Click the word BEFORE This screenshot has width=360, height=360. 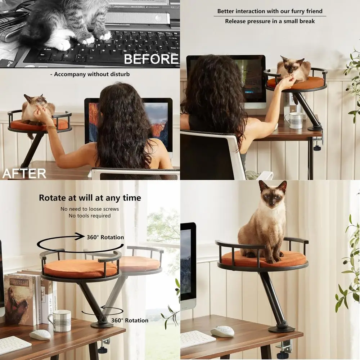(151, 59)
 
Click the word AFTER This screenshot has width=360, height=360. (24, 174)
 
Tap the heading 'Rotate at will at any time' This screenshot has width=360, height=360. (90, 198)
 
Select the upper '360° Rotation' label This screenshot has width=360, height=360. (105, 237)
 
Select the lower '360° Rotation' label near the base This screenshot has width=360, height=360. (130, 320)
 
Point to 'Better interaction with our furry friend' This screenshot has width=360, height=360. (270, 11)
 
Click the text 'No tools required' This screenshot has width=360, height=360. (90, 216)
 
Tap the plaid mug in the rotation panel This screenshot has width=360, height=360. (60, 320)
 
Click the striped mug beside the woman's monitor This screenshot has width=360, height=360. (294, 121)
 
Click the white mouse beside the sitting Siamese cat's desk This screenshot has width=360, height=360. (222, 332)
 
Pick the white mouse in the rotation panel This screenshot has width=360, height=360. (40, 335)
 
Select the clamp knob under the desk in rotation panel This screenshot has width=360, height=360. (104, 350)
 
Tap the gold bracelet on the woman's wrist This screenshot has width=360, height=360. (51, 127)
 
